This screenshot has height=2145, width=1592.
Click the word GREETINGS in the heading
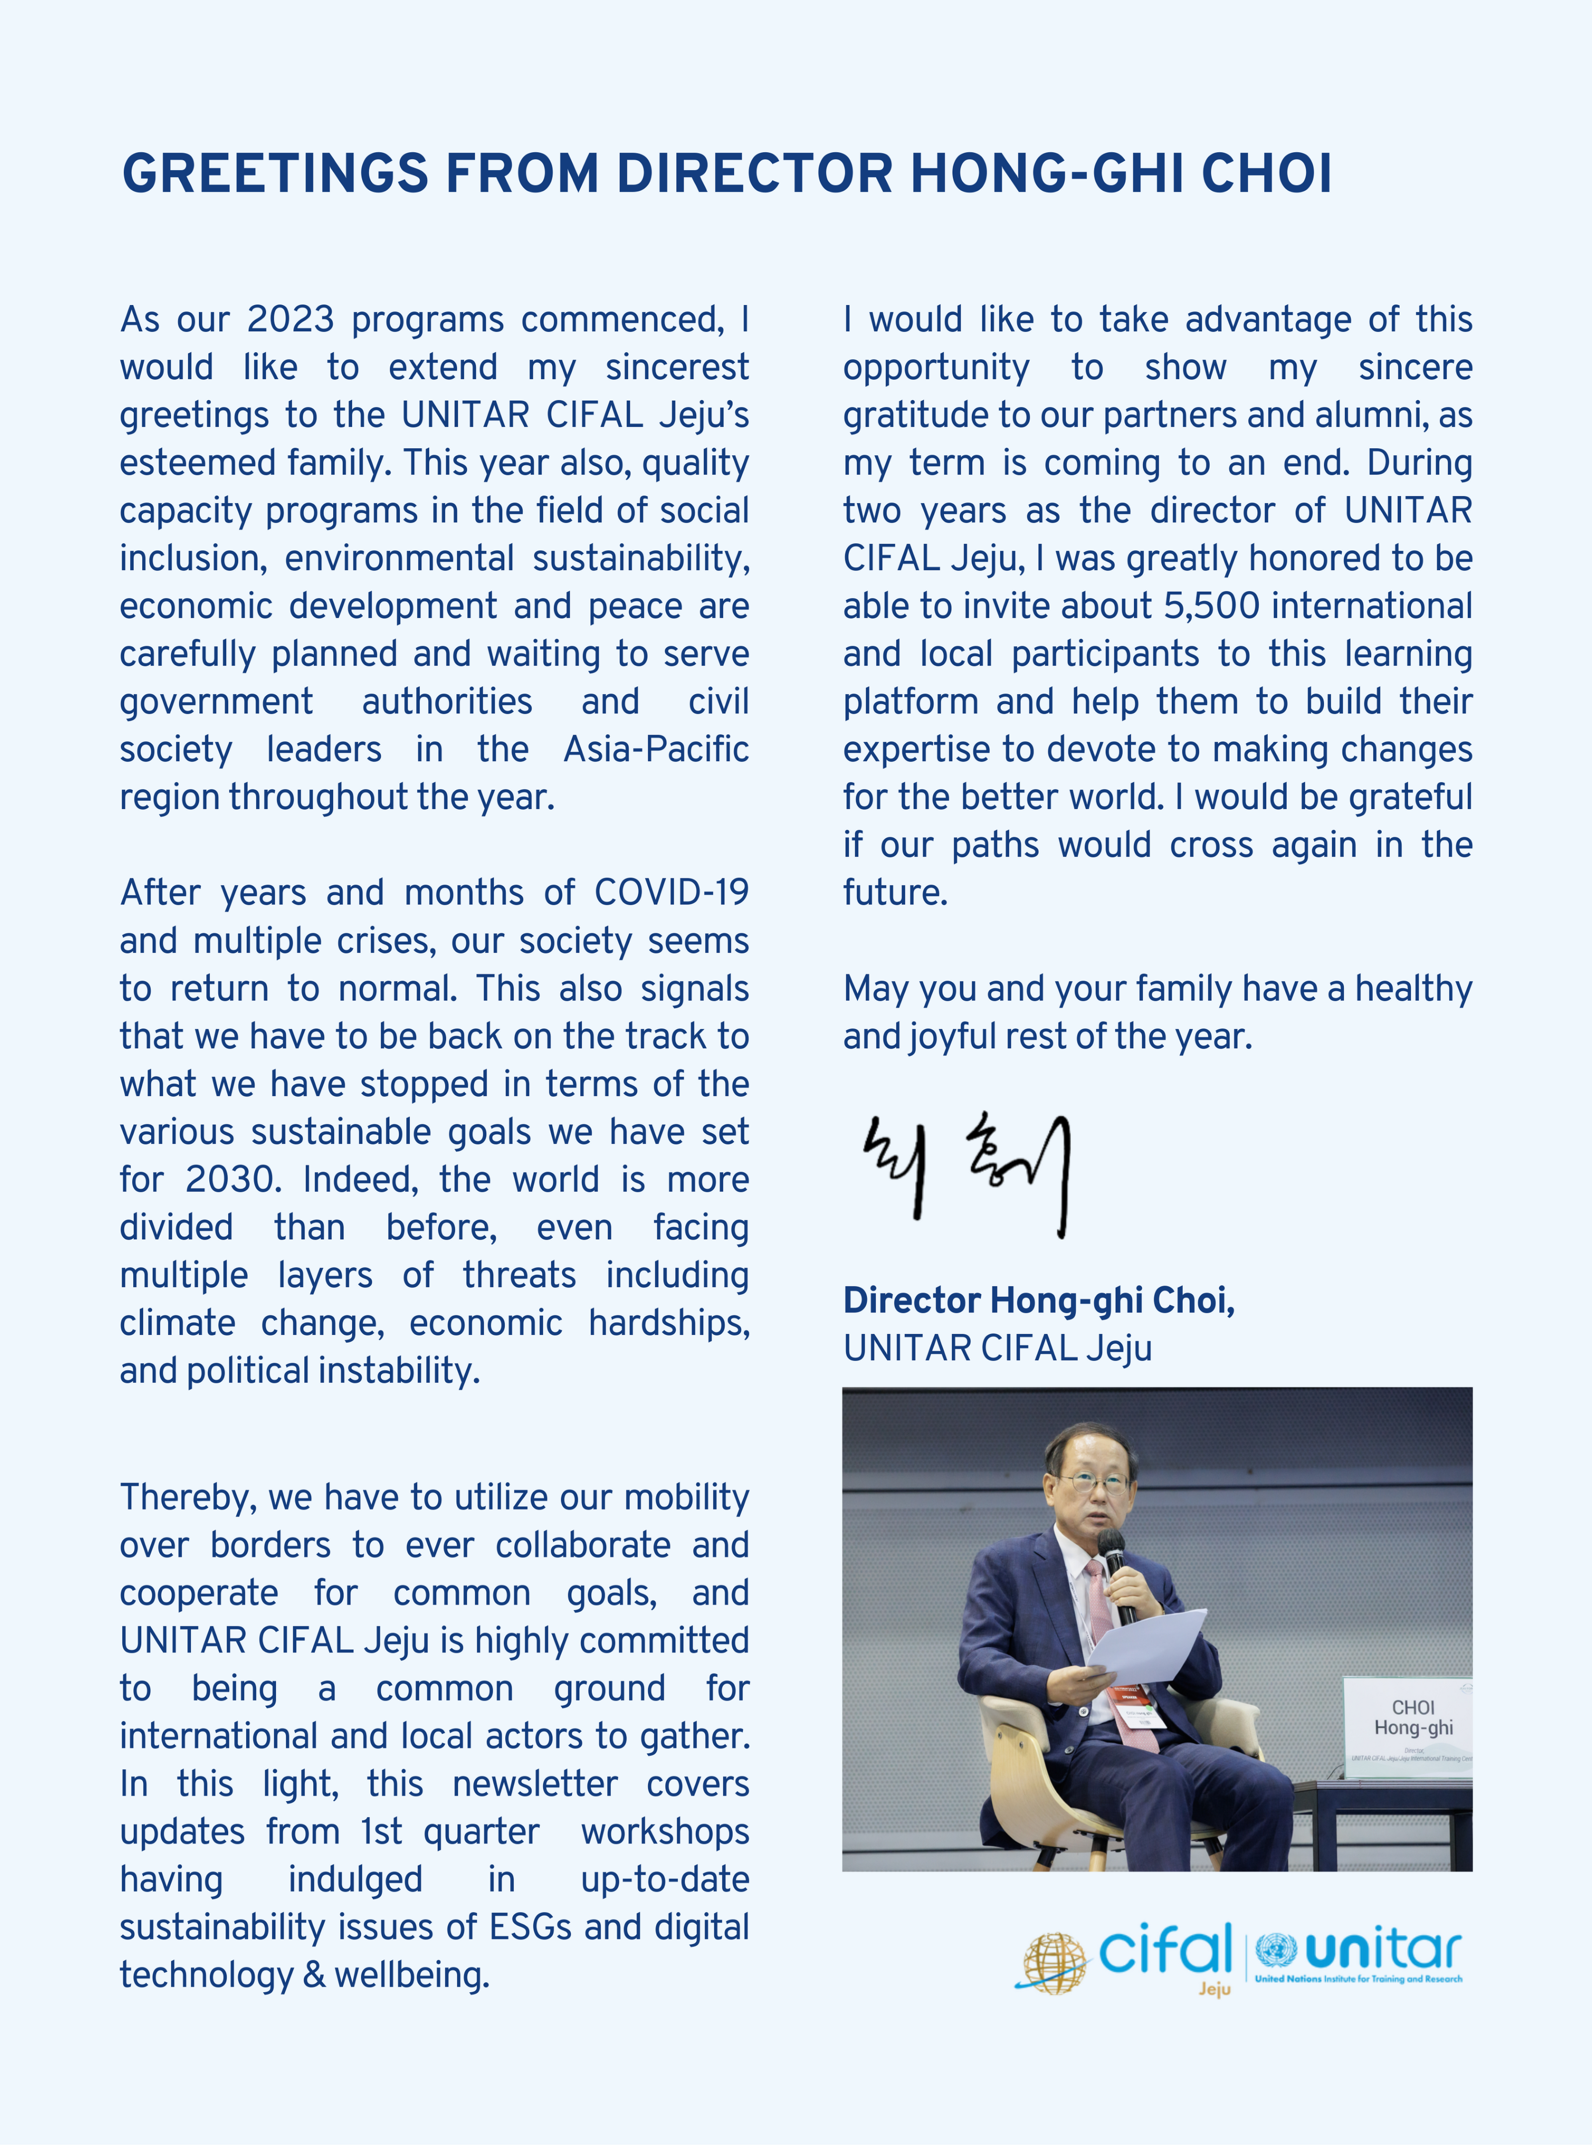pos(275,175)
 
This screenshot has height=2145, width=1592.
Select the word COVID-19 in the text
pos(671,893)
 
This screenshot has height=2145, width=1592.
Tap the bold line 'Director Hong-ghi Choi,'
pos(1038,1300)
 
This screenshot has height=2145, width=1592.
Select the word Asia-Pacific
pos(655,749)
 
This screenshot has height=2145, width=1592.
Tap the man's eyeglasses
pos(1094,1484)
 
